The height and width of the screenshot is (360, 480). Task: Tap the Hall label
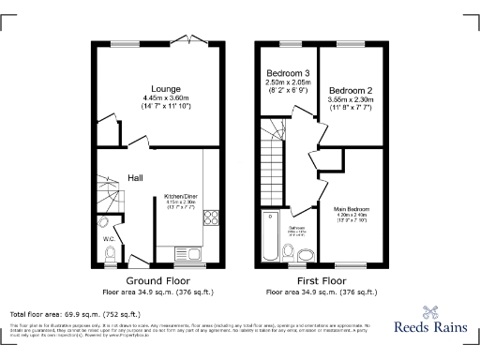point(135,176)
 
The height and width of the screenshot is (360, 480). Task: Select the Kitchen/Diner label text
point(182,196)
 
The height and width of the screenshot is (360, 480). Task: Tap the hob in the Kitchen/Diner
point(210,220)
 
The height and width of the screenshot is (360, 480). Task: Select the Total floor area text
point(74,313)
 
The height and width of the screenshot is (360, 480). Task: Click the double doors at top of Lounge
point(195,40)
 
